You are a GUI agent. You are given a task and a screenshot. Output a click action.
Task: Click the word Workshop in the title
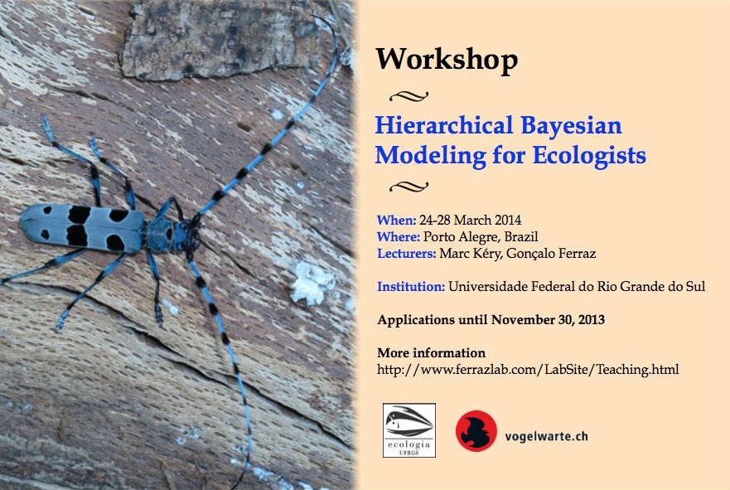(x=447, y=60)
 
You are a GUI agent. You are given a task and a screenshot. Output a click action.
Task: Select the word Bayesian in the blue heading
(x=571, y=126)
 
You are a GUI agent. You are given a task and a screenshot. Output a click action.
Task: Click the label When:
(x=396, y=220)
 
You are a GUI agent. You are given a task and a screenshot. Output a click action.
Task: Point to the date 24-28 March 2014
(x=470, y=220)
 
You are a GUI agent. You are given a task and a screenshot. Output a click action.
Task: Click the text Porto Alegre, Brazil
(x=481, y=236)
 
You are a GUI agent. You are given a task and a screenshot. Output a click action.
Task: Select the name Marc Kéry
(x=470, y=254)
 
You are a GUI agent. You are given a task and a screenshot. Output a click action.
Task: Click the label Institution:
(x=411, y=286)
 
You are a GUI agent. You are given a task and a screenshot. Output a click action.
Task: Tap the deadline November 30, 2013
(x=548, y=320)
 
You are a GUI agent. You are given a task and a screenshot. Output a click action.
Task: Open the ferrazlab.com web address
(x=528, y=369)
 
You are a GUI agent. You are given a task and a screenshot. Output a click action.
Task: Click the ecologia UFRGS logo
(x=409, y=430)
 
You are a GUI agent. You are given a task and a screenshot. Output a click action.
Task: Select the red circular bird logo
(x=476, y=431)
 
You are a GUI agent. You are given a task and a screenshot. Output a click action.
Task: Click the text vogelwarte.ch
(x=546, y=436)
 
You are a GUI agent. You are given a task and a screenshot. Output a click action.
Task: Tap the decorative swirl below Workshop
(x=409, y=96)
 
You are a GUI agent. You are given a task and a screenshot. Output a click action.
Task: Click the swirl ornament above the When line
(x=409, y=187)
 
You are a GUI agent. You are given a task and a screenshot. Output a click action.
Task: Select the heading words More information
(x=432, y=352)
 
